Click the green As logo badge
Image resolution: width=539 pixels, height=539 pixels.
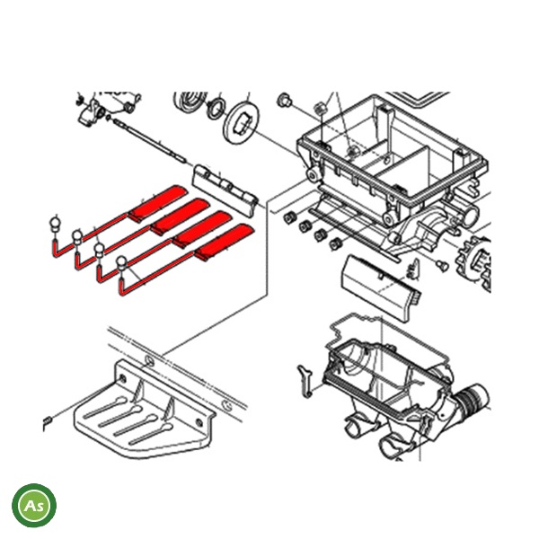[x=34, y=505]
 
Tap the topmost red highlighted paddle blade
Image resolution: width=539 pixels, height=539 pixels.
[x=158, y=203]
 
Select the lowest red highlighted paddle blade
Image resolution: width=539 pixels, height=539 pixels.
[x=225, y=242]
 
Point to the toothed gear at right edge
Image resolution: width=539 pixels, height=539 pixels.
[x=473, y=263]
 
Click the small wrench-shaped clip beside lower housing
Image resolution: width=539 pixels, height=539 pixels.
[x=305, y=381]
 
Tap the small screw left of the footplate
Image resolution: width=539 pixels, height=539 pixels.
[x=48, y=420]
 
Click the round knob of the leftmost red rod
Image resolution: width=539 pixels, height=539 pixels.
[x=56, y=225]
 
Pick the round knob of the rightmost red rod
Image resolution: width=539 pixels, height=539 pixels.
[x=123, y=263]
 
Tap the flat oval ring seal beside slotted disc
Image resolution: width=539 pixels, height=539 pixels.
[x=216, y=109]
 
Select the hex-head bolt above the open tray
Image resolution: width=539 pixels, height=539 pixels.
[x=284, y=100]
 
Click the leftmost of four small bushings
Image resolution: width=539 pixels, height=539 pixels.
[x=290, y=217]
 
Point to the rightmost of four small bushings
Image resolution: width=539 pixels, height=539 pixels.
[x=335, y=243]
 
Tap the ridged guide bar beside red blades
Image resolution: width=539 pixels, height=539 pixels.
[x=226, y=190]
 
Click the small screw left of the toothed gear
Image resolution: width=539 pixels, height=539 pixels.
[x=443, y=265]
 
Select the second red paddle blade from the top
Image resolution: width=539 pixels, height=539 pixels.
[x=181, y=216]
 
